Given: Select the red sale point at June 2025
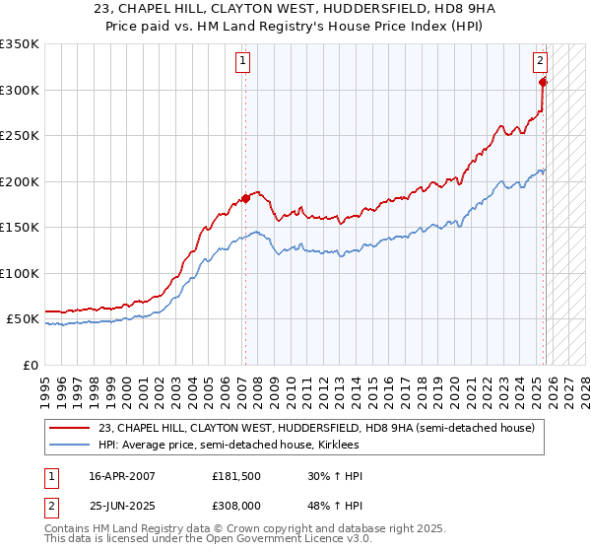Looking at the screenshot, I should [x=543, y=82].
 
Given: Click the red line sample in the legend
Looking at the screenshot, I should [x=69, y=428].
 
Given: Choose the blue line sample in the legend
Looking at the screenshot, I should [x=69, y=446].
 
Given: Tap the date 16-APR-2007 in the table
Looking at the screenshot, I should [x=121, y=476].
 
